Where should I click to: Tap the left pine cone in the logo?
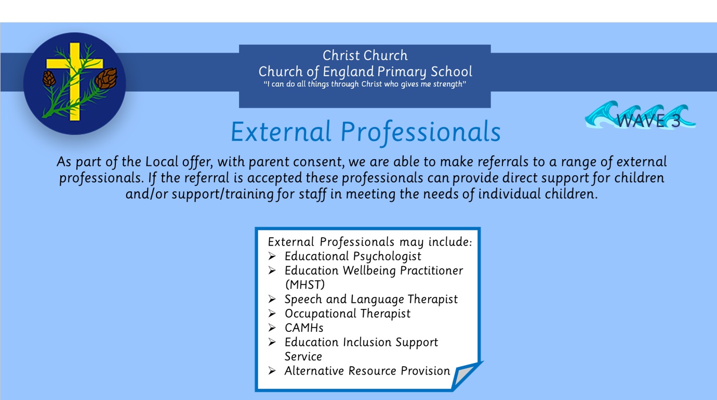click(49, 79)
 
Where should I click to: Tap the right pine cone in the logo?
click(107, 78)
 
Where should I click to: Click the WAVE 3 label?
click(648, 121)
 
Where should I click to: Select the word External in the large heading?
click(281, 132)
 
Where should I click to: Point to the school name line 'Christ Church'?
click(365, 56)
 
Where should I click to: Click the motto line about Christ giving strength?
click(365, 84)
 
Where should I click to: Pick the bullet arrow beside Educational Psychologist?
click(272, 256)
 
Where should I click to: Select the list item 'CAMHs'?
click(304, 328)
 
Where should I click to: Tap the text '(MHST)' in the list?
click(304, 285)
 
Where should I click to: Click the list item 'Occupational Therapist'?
click(348, 314)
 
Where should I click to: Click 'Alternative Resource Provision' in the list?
click(367, 371)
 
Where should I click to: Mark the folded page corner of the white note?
click(466, 376)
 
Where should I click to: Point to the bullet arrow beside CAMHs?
click(272, 328)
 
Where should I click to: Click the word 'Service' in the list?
click(303, 356)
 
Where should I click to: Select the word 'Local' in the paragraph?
click(162, 162)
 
